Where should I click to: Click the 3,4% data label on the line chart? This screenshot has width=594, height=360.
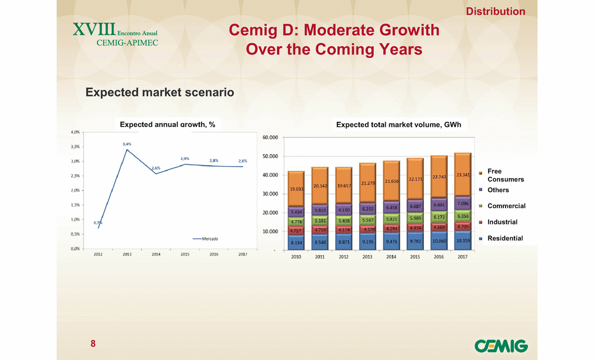point(127,144)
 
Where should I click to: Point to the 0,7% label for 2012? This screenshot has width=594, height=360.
point(98,222)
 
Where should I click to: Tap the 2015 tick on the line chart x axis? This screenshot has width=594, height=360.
point(185,254)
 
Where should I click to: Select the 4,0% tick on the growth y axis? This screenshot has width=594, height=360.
point(75,132)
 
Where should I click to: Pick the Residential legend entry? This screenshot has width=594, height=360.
point(505,238)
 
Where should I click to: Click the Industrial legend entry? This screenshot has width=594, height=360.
point(502,222)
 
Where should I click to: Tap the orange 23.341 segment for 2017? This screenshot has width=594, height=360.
point(463,175)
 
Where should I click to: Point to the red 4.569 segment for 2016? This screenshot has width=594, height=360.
point(439,227)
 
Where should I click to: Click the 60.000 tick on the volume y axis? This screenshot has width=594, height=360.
point(270,137)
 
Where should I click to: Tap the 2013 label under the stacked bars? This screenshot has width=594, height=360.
point(368,257)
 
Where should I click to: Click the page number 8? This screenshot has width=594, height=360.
point(92,344)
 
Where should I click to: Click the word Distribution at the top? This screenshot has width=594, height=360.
point(495,11)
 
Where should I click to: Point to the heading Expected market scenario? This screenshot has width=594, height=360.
point(159,92)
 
